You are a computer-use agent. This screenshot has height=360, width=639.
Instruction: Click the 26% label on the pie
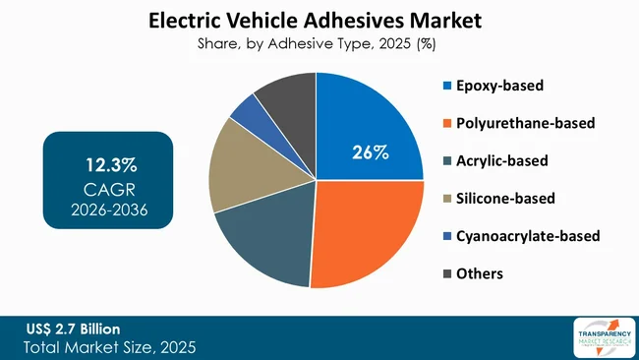(371, 152)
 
